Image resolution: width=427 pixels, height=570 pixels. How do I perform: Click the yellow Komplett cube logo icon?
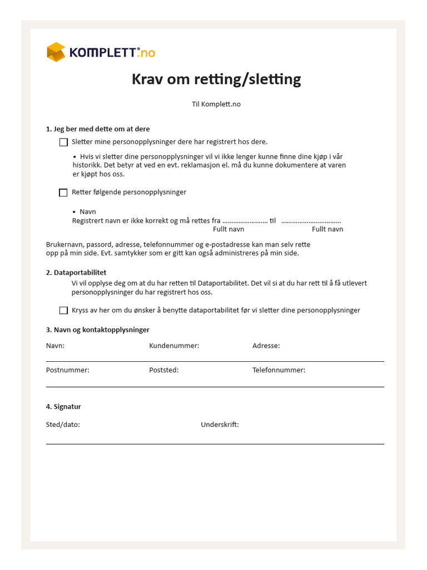click(x=56, y=52)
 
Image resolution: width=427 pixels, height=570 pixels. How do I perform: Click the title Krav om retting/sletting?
click(x=216, y=80)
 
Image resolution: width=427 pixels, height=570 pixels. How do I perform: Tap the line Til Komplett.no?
click(x=216, y=104)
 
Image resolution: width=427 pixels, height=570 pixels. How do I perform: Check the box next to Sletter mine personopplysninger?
click(x=63, y=142)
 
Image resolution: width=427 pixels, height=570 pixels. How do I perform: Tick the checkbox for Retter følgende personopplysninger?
click(x=63, y=193)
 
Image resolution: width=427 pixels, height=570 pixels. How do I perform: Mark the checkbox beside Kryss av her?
click(x=63, y=311)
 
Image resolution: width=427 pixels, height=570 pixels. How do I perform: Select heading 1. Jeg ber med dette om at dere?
click(x=98, y=129)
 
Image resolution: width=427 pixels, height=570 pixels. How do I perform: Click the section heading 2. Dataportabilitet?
click(x=76, y=273)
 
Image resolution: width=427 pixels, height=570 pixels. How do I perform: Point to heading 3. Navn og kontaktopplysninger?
click(x=98, y=330)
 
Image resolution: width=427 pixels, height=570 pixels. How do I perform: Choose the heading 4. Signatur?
click(x=63, y=407)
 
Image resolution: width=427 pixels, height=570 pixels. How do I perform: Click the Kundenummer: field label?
click(x=174, y=346)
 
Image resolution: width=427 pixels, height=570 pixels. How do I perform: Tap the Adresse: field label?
click(x=266, y=346)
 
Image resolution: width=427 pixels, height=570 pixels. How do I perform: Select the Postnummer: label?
click(x=68, y=370)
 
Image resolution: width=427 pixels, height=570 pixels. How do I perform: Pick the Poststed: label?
click(x=164, y=370)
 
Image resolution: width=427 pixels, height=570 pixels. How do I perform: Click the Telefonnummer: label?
click(x=279, y=370)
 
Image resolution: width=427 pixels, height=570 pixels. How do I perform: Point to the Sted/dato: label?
click(x=63, y=425)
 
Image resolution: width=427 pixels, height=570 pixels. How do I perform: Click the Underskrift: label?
click(x=220, y=425)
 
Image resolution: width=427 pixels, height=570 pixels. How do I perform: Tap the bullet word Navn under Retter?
click(x=88, y=212)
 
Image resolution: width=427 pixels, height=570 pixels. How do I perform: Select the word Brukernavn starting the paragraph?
click(x=64, y=245)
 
